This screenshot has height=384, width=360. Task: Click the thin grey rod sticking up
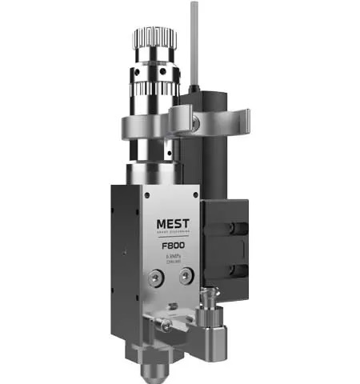click(x=193, y=40)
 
